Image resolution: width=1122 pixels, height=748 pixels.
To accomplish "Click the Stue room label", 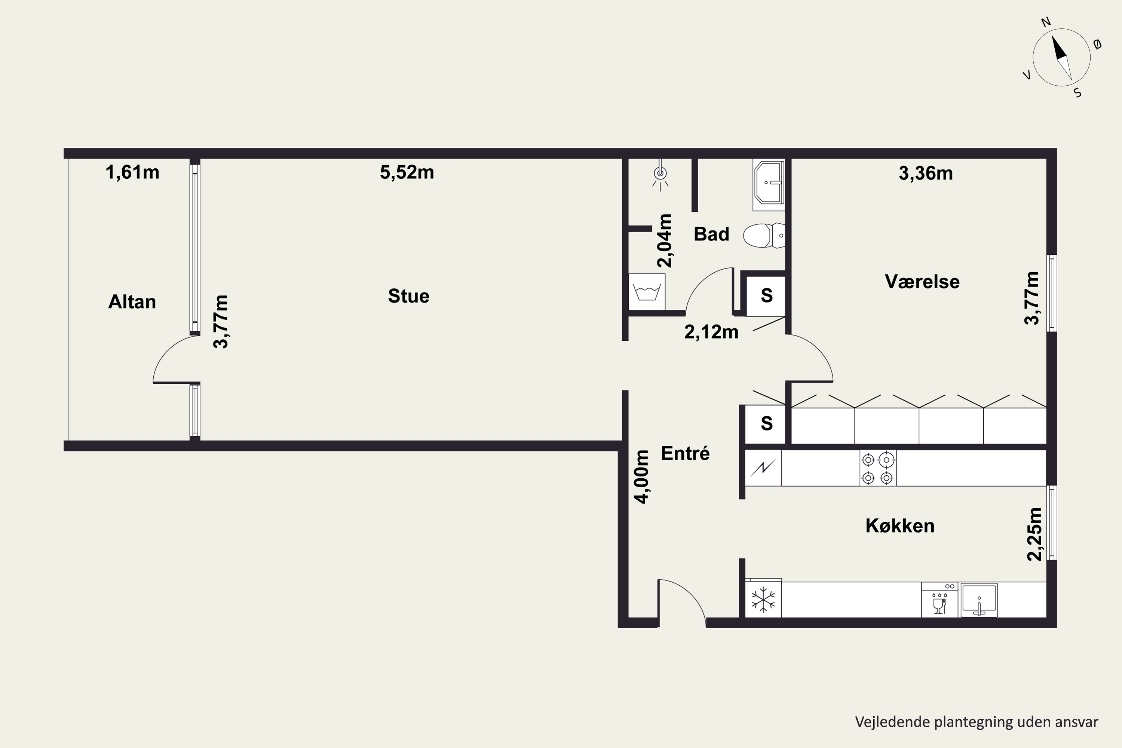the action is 408,296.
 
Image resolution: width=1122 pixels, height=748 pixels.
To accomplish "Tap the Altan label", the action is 132,302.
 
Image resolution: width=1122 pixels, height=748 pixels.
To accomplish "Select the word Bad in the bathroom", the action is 711,234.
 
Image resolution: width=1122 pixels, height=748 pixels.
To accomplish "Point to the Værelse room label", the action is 922,282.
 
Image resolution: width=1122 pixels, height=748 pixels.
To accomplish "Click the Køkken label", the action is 900,526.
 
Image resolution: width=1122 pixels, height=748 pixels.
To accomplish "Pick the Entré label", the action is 685,453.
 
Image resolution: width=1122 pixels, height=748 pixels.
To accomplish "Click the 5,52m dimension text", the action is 407,172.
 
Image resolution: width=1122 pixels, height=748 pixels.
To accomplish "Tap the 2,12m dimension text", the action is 711,332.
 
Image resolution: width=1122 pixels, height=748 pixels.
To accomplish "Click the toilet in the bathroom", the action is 764,235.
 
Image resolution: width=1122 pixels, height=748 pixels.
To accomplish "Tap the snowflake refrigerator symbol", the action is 763,599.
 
